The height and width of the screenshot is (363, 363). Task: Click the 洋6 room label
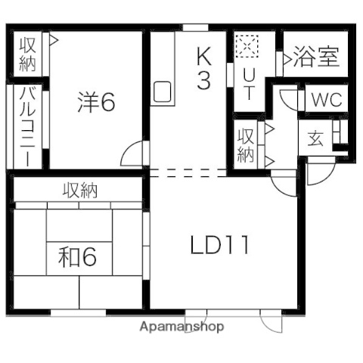tap(96, 102)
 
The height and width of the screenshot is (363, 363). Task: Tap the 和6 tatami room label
tap(77, 257)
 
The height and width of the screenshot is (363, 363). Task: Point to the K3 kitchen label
tap(204, 68)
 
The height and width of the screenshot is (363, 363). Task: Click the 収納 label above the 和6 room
tap(79, 190)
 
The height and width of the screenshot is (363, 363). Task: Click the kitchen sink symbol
tap(163, 92)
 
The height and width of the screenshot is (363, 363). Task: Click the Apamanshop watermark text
tap(181, 327)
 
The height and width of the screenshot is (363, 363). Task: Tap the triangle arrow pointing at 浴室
tap(288, 57)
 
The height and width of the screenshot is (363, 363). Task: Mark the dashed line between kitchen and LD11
tap(189, 172)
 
